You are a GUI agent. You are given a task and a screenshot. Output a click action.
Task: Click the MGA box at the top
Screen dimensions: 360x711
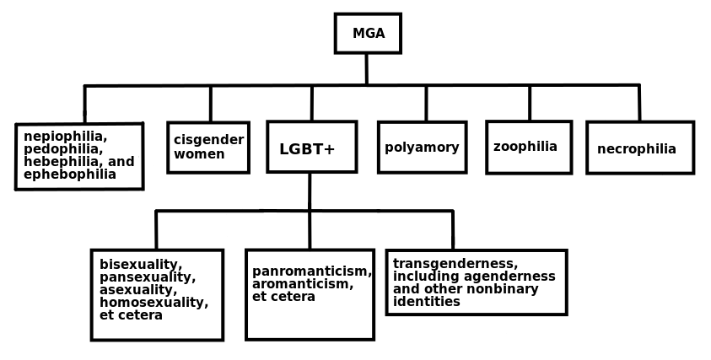tap(368, 34)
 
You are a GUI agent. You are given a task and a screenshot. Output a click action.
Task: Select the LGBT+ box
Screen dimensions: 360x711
tap(311, 148)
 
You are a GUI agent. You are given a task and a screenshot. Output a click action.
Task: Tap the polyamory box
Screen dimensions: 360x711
tap(422, 148)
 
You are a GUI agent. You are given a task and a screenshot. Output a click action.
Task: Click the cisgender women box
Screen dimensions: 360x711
tap(208, 148)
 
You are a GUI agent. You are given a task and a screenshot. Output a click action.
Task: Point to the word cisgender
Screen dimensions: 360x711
tap(208, 140)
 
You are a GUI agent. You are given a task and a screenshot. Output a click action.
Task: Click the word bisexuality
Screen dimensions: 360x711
tap(140, 265)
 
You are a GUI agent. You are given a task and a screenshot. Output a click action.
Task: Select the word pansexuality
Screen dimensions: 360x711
tap(147, 277)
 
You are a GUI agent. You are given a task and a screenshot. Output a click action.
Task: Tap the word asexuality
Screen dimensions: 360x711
tap(136, 290)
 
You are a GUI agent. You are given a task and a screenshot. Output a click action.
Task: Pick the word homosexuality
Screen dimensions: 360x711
tap(154, 303)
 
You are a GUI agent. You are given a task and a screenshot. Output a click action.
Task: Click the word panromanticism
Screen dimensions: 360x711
tap(311, 271)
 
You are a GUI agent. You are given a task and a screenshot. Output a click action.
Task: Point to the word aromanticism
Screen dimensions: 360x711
tap(302, 284)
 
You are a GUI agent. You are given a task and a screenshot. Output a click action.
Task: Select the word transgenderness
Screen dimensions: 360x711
tap(455, 263)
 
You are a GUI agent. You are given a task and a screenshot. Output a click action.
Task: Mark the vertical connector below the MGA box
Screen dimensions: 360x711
tap(366, 68)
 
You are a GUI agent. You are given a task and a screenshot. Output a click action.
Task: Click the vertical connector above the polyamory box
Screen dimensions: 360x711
tap(426, 103)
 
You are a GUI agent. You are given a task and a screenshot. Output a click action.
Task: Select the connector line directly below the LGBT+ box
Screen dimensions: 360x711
tap(310, 191)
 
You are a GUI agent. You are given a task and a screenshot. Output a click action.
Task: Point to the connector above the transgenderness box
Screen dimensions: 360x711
tap(452, 229)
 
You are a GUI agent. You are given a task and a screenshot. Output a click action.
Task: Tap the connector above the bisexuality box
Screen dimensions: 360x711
tap(156, 229)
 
